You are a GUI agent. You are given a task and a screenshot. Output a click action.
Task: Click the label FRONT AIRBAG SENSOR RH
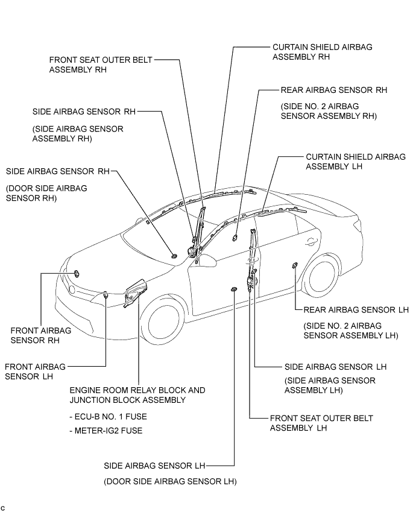tap(41, 335)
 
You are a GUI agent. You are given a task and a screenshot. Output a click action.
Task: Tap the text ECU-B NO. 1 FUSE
tap(108, 416)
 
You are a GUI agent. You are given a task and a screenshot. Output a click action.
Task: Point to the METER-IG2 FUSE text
tap(107, 430)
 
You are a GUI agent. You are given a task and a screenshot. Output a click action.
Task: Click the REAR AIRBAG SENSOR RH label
tap(333, 90)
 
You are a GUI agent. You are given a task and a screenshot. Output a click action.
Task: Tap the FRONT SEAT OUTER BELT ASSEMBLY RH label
tap(101, 65)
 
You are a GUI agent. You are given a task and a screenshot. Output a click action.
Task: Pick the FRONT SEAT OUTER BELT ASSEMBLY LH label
tap(321, 423)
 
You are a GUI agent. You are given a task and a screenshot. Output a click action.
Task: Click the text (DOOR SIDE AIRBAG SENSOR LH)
tap(170, 481)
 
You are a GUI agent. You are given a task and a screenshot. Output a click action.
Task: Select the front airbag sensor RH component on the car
tap(78, 274)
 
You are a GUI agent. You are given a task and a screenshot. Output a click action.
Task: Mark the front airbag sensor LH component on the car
tap(106, 294)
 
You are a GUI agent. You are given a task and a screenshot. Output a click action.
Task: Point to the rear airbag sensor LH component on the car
tap(295, 267)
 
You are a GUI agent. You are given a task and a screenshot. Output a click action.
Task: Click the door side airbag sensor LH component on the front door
tap(233, 291)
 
